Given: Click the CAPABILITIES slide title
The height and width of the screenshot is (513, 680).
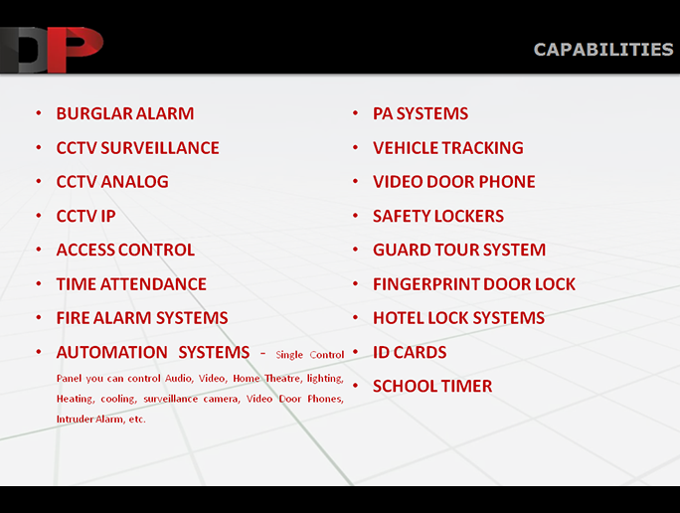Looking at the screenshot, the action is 603,50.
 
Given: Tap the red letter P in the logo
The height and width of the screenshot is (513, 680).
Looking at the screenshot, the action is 75,49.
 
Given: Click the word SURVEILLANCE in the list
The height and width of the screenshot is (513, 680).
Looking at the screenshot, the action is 160,148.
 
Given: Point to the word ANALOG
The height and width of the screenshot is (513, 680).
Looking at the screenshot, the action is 134,182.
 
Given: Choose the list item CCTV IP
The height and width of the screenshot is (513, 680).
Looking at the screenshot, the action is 85,216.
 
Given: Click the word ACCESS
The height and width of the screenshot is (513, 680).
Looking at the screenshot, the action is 85,250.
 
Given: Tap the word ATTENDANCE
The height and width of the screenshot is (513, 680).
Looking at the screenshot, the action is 153,284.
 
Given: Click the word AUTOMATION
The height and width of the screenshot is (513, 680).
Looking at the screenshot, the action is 112,352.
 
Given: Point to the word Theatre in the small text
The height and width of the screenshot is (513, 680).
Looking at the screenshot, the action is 282,378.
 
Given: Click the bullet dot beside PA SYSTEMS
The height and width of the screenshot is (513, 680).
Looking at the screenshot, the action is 356,113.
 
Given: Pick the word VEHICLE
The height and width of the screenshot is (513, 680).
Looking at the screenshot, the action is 404,148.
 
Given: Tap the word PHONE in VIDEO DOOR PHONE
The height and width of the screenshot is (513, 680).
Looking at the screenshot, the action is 507,182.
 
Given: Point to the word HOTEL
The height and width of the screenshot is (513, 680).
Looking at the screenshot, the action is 399,318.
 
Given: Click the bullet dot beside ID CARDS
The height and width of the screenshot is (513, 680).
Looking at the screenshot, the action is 356,352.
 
